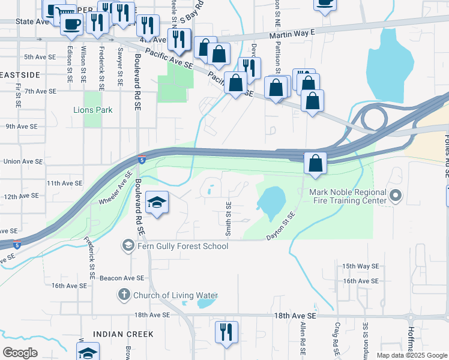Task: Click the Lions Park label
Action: [92, 110]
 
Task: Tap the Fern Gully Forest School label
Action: [175, 246]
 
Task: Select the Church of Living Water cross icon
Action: [123, 295]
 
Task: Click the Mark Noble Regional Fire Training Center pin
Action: [395, 196]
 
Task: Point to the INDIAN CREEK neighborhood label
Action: [123, 334]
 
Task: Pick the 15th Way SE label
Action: [360, 266]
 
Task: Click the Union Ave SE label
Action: [23, 161]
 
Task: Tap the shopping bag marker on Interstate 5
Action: [315, 163]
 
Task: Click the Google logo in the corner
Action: [20, 353]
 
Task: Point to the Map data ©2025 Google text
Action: [412, 355]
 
